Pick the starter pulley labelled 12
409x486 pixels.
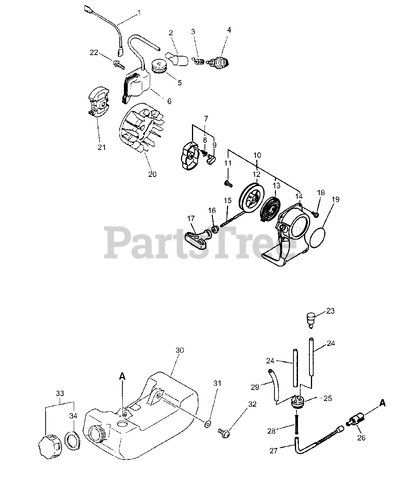pyautogui.click(x=252, y=197)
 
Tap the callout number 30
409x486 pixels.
pyautogui.click(x=180, y=350)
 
